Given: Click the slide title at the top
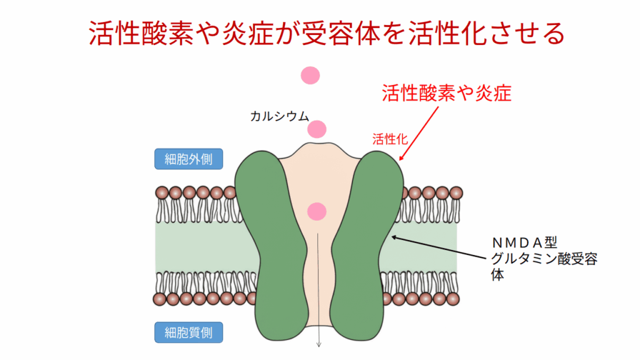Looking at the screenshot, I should click(x=320, y=34).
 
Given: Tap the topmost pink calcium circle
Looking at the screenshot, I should click(x=310, y=76).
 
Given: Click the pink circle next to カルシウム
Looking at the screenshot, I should click(x=317, y=129).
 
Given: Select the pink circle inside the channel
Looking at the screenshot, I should click(x=317, y=211).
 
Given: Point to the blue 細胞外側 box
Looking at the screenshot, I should click(x=188, y=159).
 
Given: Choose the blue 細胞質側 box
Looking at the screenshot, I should click(x=188, y=331).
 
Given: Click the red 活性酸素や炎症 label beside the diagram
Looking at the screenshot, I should click(x=447, y=93).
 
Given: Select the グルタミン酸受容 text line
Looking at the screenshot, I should click(x=544, y=258).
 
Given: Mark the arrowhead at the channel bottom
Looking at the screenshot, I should click(x=319, y=344).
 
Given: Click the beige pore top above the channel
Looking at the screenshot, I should click(x=318, y=153).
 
